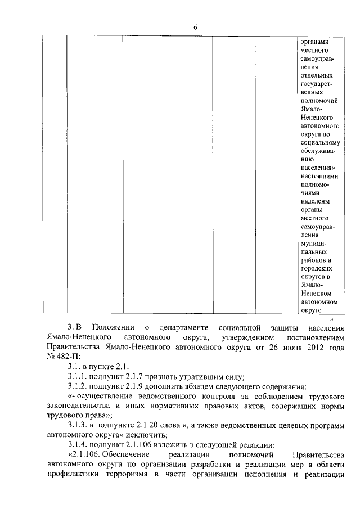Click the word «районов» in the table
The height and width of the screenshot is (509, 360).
[x=314, y=260]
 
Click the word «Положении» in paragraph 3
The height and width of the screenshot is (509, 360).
[x=113, y=327]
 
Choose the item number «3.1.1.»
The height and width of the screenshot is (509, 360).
[x=79, y=376]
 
